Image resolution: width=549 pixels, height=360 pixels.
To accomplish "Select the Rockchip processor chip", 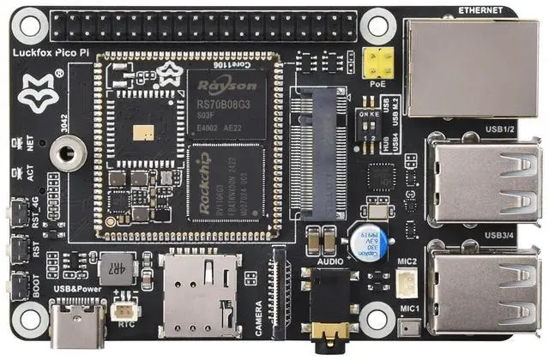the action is (x=225, y=183).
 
